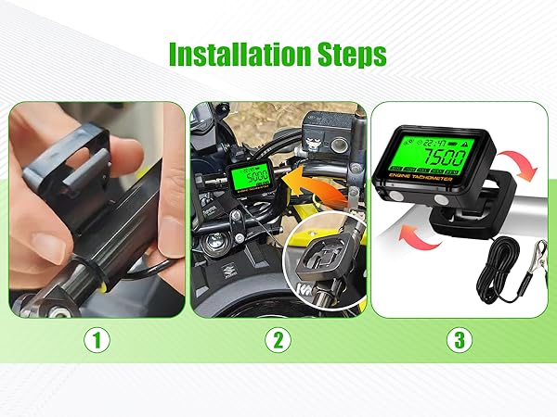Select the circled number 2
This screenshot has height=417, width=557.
[x=276, y=340]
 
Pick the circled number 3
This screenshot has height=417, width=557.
[x=457, y=340]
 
